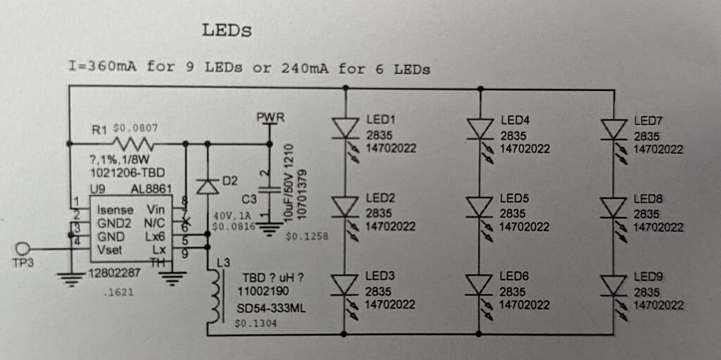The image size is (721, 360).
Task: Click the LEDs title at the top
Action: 227,30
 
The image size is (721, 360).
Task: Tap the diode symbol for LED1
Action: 345,128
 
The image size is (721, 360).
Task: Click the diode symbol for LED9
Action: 613,285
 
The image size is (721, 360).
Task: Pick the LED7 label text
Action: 648,121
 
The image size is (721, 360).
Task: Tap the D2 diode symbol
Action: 207,187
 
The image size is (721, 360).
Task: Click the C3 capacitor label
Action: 250,200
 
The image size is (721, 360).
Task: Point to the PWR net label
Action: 270,118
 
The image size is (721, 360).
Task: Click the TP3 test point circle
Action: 23,249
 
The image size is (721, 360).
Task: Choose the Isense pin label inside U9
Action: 114,209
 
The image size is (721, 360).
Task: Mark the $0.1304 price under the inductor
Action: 253,324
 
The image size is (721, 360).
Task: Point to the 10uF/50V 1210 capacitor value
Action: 289,182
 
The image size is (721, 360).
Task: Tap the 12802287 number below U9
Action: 114,273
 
